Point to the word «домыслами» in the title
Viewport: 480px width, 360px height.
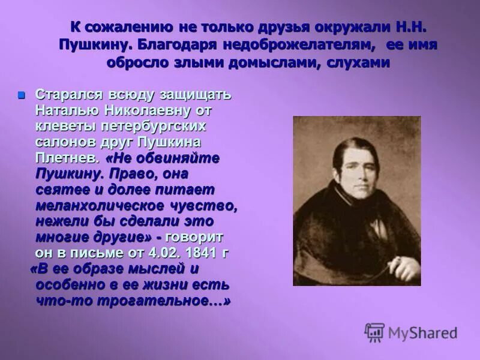pos(277,63)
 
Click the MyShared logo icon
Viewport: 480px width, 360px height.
pos(374,332)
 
